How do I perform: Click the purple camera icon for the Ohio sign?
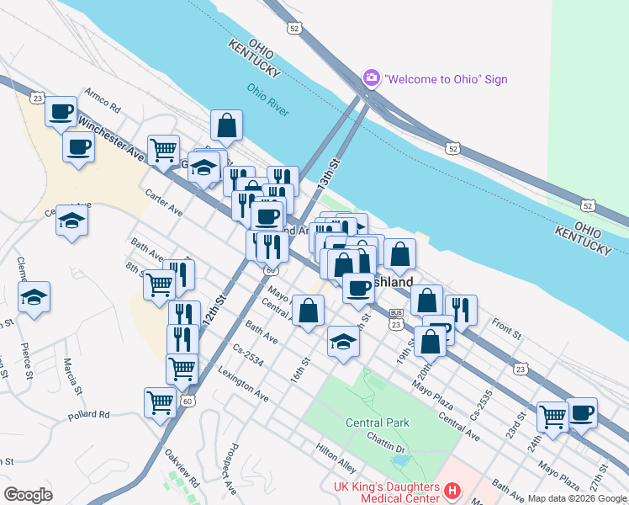tap(371, 78)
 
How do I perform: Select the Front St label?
tap(508, 324)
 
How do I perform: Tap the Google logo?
tap(28, 495)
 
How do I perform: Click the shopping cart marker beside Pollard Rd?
tap(160, 401)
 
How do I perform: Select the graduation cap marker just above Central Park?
tap(342, 342)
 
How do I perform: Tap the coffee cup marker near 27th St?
tap(581, 412)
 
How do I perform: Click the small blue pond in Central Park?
tap(402, 460)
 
